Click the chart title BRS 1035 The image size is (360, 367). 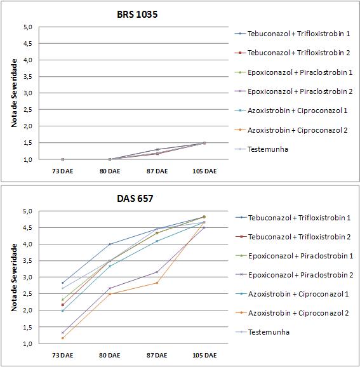137,15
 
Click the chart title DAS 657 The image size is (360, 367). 135,199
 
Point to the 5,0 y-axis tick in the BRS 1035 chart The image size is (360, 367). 28,27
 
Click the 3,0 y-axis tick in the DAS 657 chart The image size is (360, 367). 28,277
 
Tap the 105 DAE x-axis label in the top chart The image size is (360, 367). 204,171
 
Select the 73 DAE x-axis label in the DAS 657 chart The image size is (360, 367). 62,356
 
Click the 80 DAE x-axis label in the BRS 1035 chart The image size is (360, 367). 110,171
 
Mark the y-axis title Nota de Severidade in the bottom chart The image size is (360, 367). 14,277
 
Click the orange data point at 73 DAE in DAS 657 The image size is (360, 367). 62,338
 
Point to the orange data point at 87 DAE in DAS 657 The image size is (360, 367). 157,283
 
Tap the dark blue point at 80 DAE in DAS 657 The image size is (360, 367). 110,244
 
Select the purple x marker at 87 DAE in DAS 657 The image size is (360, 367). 157,272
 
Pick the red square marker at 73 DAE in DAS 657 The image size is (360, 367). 62,305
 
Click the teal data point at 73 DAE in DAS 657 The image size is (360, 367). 62,311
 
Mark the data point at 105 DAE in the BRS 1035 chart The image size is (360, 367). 204,143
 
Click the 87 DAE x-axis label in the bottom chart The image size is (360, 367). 157,356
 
